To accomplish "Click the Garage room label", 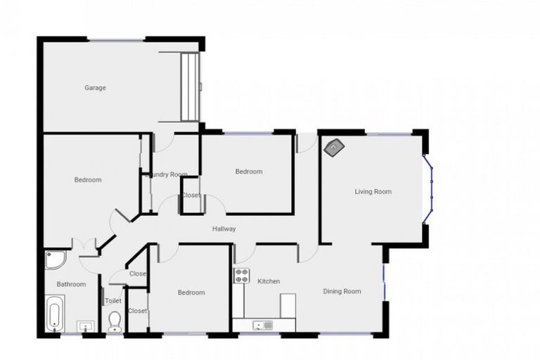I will click(x=96, y=88).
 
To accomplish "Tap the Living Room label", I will click(x=373, y=191).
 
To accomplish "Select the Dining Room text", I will click(x=342, y=291).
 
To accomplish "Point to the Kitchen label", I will click(x=269, y=281).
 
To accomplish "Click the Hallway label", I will click(x=224, y=229).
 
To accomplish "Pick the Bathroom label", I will click(x=71, y=284).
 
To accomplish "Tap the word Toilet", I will click(x=113, y=301).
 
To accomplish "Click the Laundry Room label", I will click(x=169, y=174).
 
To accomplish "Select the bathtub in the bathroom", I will click(x=56, y=314).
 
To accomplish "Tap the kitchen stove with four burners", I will click(x=241, y=276).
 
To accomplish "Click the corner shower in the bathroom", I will click(x=55, y=262).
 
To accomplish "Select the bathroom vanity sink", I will click(x=86, y=326).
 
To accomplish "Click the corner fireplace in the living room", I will click(x=333, y=147).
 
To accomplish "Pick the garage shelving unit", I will click(x=191, y=86).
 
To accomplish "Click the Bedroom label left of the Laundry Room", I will click(x=88, y=179).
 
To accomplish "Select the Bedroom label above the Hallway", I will click(x=248, y=172).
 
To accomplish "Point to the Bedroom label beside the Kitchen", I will click(x=191, y=292).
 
